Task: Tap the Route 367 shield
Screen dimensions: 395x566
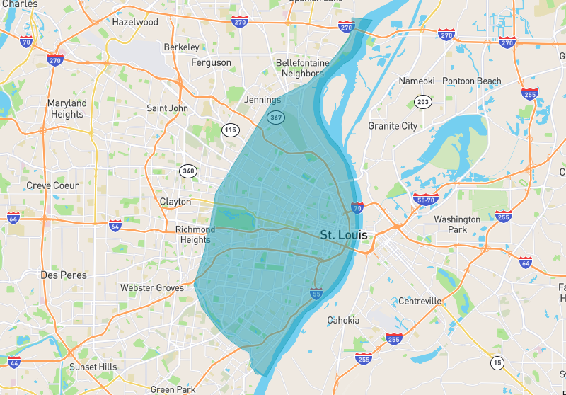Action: [275, 118]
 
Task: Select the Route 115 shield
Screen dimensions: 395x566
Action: [230, 130]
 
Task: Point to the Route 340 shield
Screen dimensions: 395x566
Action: [188, 171]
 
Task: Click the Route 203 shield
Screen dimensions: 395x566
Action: [423, 103]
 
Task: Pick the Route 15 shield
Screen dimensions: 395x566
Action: [498, 363]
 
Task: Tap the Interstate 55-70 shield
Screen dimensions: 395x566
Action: [424, 200]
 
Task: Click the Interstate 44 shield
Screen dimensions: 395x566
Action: [14, 362]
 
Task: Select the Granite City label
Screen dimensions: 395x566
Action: [393, 126]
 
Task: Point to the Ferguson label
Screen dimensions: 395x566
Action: [211, 63]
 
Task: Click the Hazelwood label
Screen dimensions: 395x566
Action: [135, 22]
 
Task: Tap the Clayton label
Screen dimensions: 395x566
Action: [175, 202]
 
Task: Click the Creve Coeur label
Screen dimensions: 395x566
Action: [52, 185]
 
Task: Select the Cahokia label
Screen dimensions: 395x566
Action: [343, 320]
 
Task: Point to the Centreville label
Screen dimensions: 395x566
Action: [420, 301]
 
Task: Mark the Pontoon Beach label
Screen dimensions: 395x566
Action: [472, 81]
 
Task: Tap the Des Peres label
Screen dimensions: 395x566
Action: [64, 275]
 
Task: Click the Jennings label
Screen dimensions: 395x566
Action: [262, 100]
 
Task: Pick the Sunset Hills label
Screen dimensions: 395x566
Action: [93, 367]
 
